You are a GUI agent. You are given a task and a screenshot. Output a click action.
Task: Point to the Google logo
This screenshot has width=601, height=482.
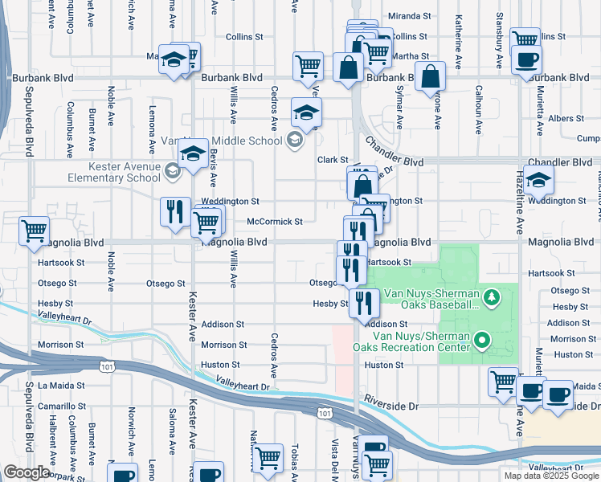[27, 472]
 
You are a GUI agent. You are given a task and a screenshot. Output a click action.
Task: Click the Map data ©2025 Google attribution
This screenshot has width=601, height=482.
[551, 476]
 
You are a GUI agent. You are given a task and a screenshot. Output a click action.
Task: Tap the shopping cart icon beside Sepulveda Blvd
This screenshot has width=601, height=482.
[35, 231]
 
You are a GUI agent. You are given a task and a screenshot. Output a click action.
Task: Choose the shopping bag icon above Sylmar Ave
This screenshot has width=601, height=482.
[431, 77]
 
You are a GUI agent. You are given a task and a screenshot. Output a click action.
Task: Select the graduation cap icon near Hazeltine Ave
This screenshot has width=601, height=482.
[539, 179]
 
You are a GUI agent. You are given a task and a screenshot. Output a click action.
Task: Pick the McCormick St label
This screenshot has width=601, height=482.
[274, 222]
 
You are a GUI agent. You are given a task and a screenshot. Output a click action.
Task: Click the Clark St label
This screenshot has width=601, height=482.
[333, 160]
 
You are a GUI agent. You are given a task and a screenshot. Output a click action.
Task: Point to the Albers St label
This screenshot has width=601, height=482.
[566, 118]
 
